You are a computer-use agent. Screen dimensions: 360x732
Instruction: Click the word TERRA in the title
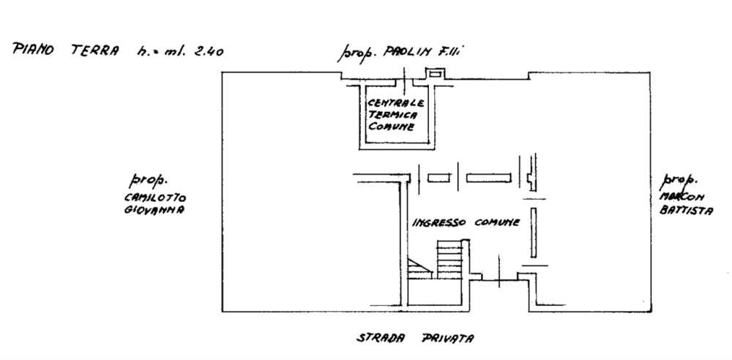(92, 50)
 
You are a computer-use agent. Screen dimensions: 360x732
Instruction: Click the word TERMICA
(394, 115)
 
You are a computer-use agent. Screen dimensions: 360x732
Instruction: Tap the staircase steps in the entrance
(449, 259)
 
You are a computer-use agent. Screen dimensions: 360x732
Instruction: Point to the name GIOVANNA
(153, 210)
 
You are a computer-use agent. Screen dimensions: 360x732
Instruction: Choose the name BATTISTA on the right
(684, 209)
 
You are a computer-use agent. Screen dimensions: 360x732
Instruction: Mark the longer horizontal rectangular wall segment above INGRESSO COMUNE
(488, 177)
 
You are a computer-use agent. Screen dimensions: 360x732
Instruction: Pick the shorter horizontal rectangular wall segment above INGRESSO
(438, 177)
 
